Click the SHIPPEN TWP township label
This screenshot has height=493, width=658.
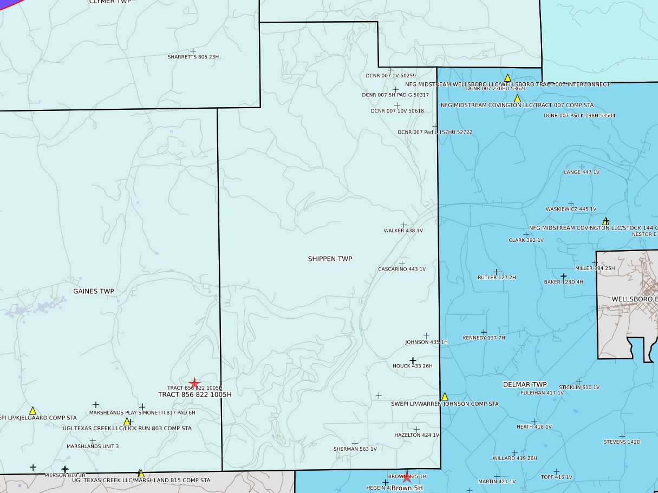click(330, 259)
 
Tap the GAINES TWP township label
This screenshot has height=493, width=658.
click(94, 291)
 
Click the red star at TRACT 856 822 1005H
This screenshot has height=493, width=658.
click(194, 383)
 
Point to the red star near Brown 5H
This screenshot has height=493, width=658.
click(407, 477)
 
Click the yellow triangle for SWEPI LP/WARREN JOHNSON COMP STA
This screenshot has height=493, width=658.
click(445, 397)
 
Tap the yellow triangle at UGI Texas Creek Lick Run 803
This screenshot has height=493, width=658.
click(127, 422)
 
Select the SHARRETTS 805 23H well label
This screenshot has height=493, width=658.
click(193, 57)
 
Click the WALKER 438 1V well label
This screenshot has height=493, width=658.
click(403, 231)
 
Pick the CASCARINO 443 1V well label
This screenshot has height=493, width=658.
click(402, 269)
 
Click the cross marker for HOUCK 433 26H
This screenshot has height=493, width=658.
click(413, 360)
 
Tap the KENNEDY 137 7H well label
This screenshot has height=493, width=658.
click(484, 338)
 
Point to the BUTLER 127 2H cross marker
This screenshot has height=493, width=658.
click(497, 272)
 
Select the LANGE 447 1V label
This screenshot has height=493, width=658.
click(582, 172)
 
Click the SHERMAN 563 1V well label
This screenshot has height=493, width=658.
click(355, 449)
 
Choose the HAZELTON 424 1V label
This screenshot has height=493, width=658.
click(416, 435)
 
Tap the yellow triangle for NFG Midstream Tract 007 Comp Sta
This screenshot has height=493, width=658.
click(517, 98)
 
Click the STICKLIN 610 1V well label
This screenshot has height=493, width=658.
click(579, 387)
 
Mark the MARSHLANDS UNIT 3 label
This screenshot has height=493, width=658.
click(93, 446)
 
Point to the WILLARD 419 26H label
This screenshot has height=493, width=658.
click(514, 458)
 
